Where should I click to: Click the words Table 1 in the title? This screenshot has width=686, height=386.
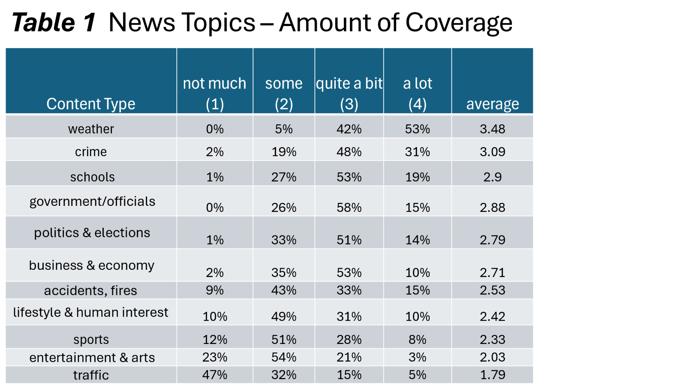tap(54, 23)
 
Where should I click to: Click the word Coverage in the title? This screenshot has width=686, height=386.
tap(458, 23)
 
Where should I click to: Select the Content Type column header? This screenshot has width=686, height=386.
tap(91, 104)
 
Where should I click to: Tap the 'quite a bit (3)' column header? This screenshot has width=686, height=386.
tap(349, 93)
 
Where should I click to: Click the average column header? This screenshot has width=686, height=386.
tap(492, 104)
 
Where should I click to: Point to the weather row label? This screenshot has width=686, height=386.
tap(91, 129)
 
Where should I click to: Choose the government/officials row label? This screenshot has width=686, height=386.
tap(92, 201)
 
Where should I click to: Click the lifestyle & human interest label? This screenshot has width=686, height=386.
tap(90, 312)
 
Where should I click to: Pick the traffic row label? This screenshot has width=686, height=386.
tap(91, 375)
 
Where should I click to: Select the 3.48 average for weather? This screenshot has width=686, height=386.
tap(492, 129)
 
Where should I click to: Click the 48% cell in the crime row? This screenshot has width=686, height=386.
tap(349, 152)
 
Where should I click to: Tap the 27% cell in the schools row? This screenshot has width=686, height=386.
tap(283, 177)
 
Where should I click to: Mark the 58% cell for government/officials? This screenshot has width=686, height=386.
tap(349, 208)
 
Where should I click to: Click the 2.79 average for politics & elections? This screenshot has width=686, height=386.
tap(492, 240)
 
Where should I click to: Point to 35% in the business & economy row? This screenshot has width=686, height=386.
tap(283, 273)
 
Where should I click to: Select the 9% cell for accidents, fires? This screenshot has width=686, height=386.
tap(214, 290)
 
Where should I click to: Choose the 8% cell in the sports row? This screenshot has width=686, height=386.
tap(417, 340)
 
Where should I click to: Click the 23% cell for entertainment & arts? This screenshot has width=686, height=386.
tap(214, 357)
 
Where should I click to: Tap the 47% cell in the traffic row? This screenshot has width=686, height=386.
tap(214, 375)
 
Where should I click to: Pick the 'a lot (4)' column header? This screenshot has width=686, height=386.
tap(417, 93)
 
